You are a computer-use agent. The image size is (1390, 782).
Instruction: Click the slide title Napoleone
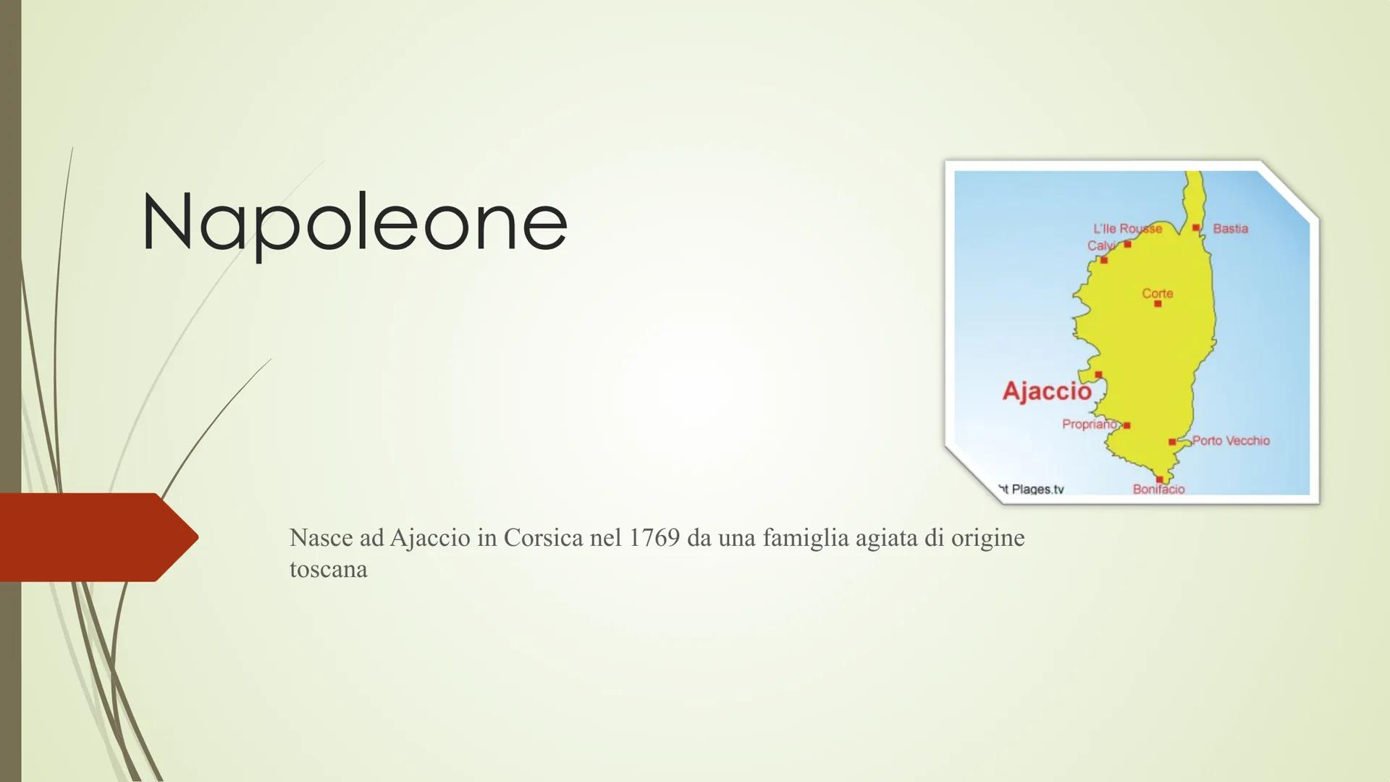coord(355,223)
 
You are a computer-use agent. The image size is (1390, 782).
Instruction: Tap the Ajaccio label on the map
coord(1047,391)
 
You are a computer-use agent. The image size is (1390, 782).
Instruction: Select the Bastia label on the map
coord(1231,229)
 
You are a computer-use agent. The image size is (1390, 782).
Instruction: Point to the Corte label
coord(1158,293)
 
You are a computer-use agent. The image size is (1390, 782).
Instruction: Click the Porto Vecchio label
coord(1231,440)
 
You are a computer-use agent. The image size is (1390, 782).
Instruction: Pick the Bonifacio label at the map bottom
coord(1159,489)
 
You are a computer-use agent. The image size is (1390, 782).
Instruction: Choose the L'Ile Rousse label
coord(1127,229)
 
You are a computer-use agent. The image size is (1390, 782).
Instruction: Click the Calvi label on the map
coord(1100,246)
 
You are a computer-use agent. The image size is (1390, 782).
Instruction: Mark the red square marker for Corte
coord(1158,304)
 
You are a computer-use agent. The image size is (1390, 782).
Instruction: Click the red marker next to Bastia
coord(1196,228)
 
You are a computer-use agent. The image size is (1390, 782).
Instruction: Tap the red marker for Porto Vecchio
coord(1172,442)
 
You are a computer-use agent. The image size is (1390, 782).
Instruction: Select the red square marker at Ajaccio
coord(1098,375)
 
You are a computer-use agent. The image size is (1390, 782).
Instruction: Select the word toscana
coord(329,570)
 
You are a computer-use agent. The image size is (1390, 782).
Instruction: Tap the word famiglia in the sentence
coord(805,539)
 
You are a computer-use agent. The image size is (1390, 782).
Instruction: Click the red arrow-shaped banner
coord(99,537)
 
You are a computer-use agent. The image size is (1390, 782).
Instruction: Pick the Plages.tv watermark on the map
coord(1032,489)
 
